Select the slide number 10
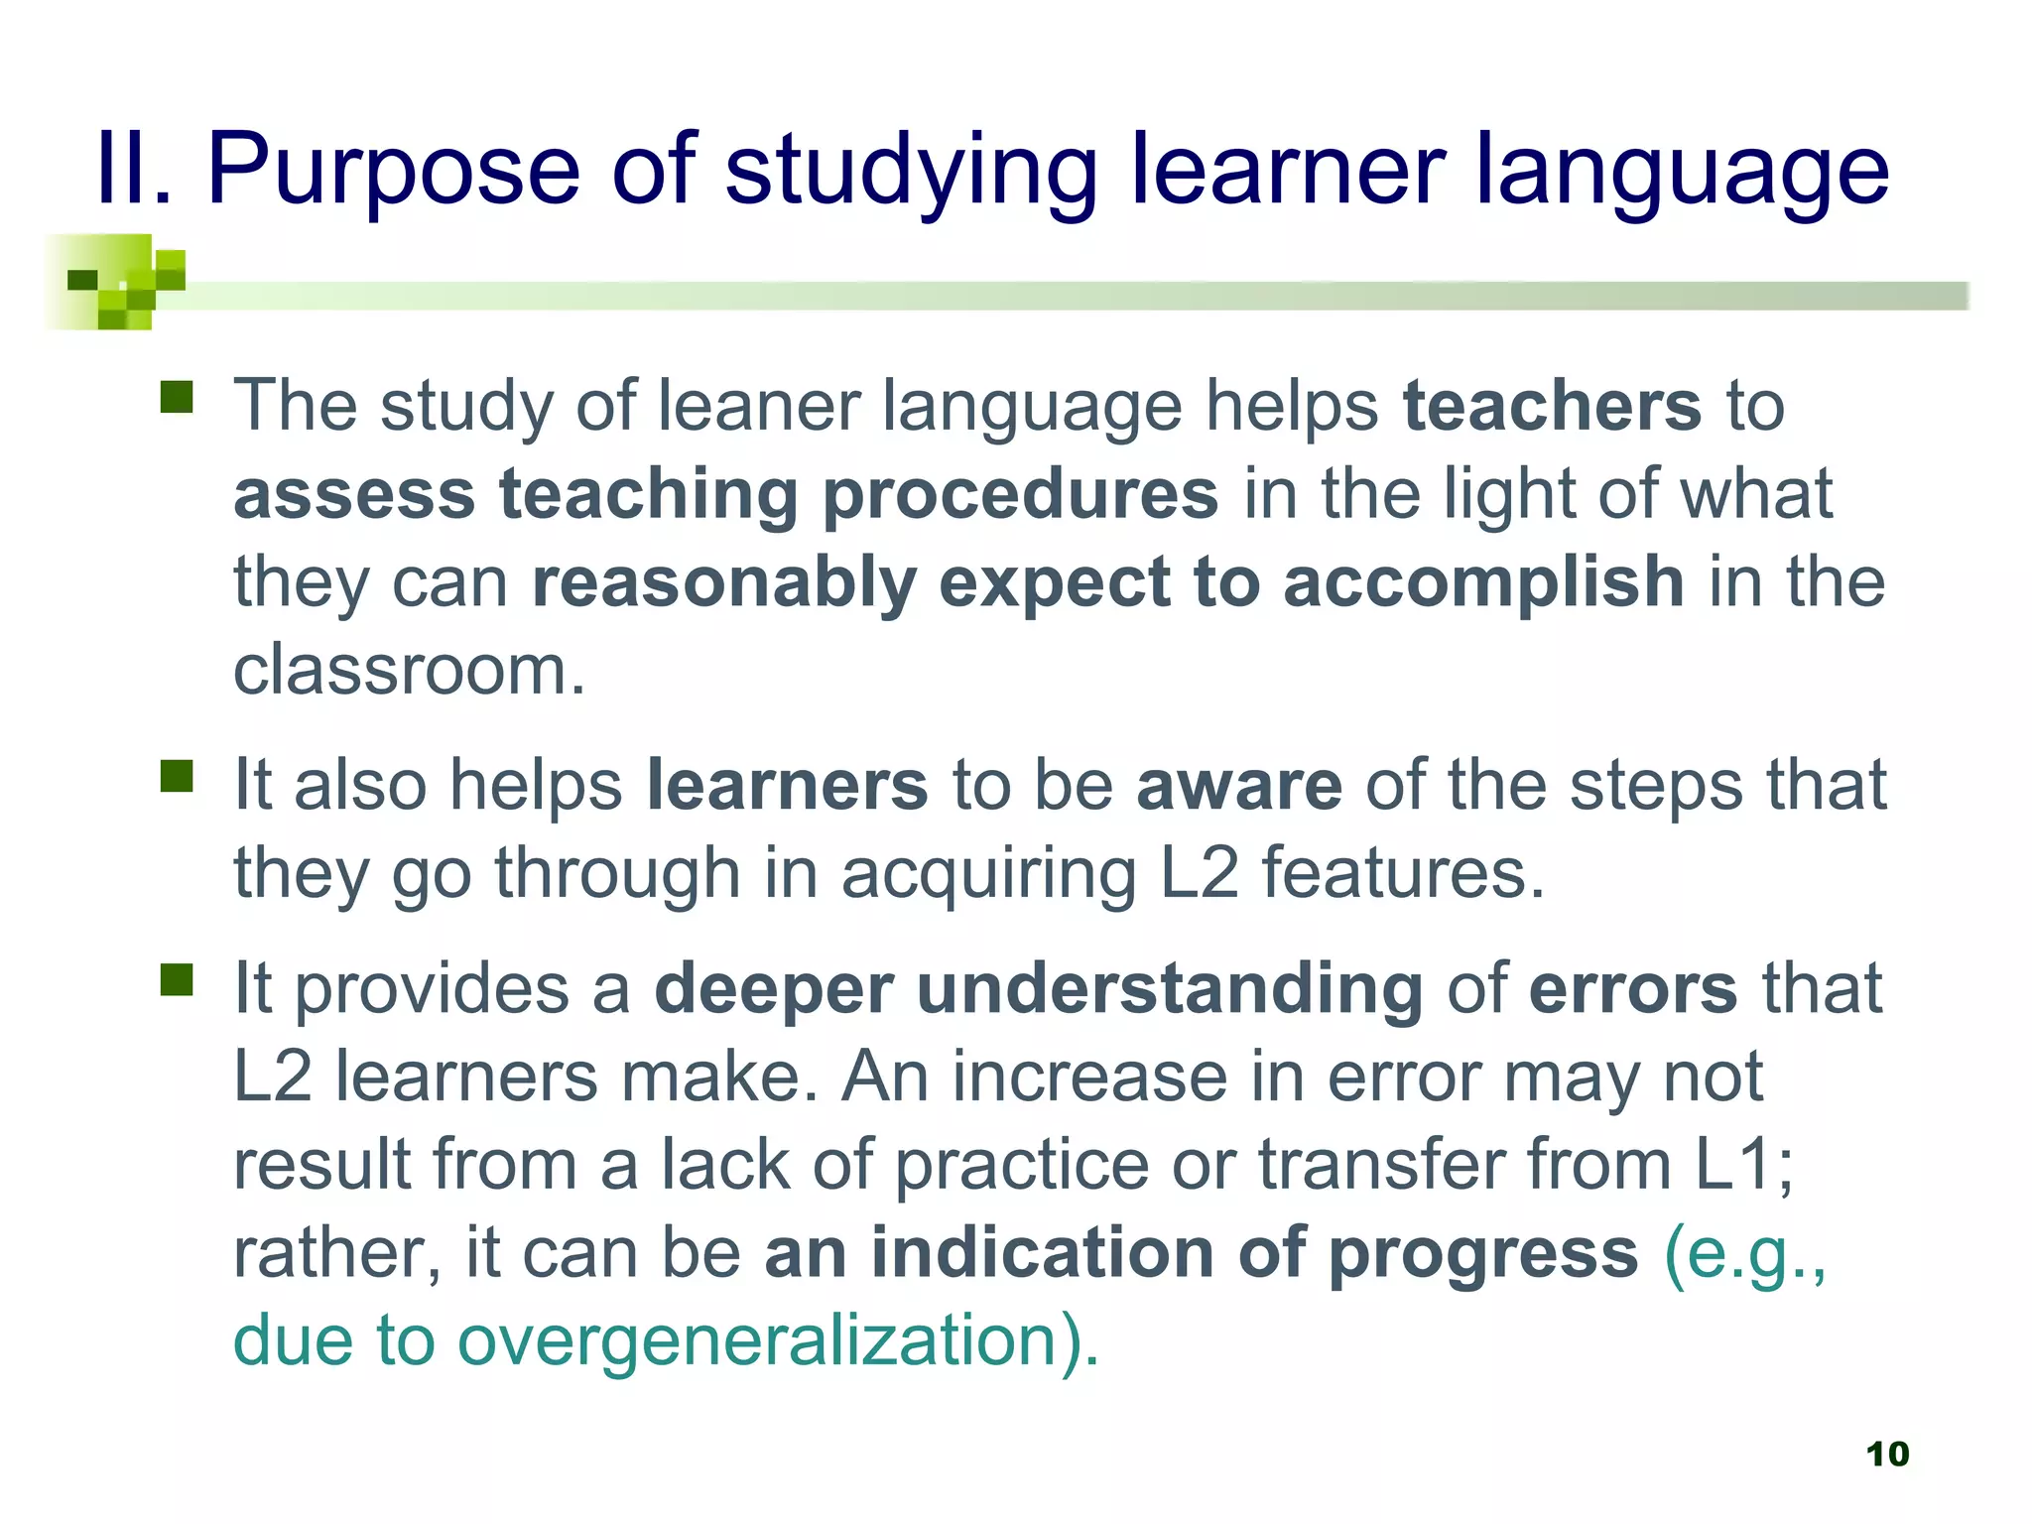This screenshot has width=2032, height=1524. click(1887, 1454)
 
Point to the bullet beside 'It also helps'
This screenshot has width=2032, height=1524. click(177, 777)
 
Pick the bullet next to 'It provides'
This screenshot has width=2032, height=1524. click(177, 980)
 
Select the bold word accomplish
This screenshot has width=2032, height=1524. click(1483, 582)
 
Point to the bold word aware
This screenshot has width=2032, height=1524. click(1239, 786)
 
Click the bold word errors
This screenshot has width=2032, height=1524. click(1633, 989)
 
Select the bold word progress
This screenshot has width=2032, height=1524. click(1483, 1254)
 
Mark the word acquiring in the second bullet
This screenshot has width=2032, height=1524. click(989, 874)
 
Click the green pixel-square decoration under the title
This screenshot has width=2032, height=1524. click(115, 282)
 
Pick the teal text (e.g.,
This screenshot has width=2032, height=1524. click(1745, 1254)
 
